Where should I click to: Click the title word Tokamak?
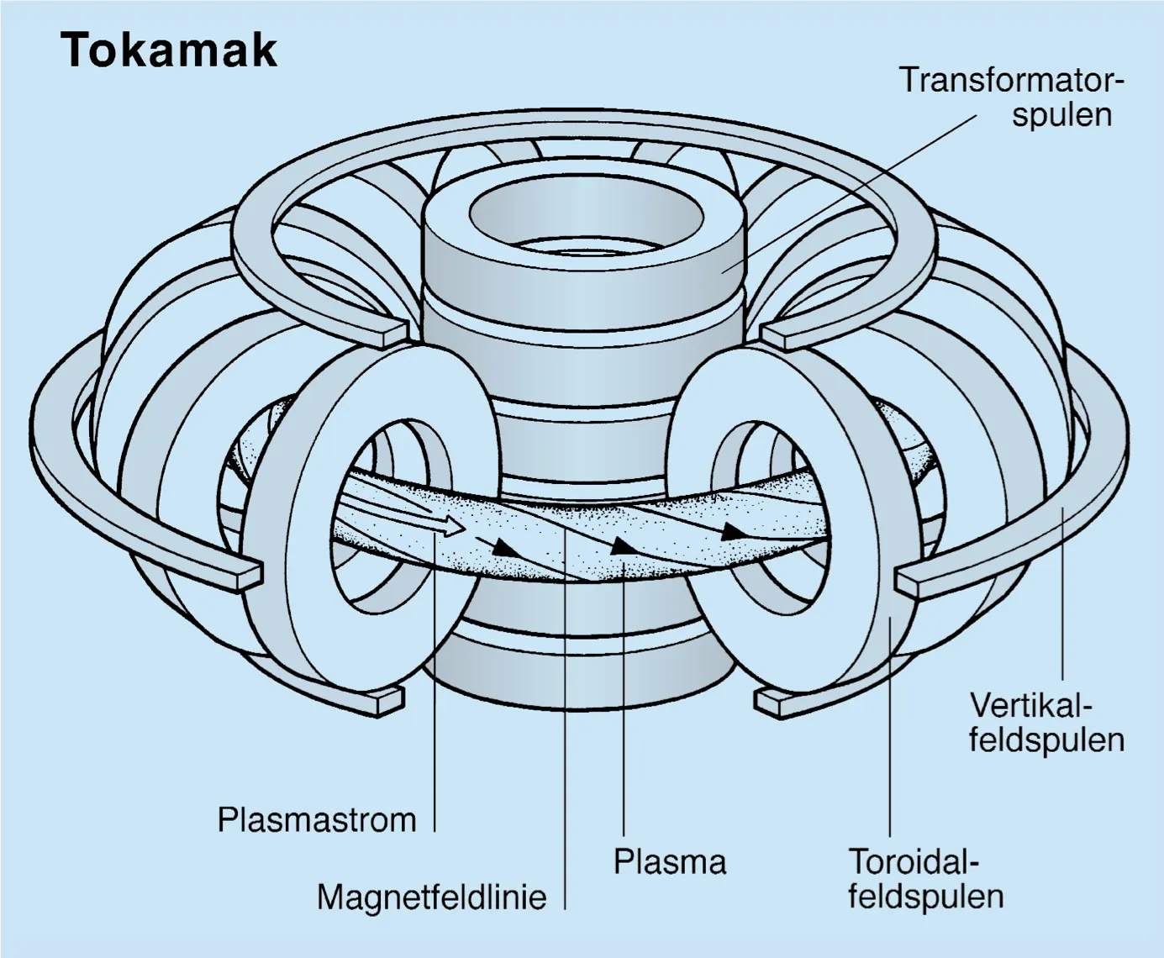(x=168, y=50)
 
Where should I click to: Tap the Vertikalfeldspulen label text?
(x=1046, y=722)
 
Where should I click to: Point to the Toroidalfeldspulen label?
(x=925, y=879)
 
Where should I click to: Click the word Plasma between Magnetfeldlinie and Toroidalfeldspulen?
(x=669, y=861)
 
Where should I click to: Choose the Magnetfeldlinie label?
(x=431, y=897)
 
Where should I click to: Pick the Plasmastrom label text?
(x=317, y=819)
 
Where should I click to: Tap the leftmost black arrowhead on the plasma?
(x=503, y=545)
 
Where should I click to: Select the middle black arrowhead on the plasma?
(x=621, y=545)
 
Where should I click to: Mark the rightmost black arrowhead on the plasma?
(x=733, y=531)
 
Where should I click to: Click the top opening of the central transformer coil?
(x=587, y=211)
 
